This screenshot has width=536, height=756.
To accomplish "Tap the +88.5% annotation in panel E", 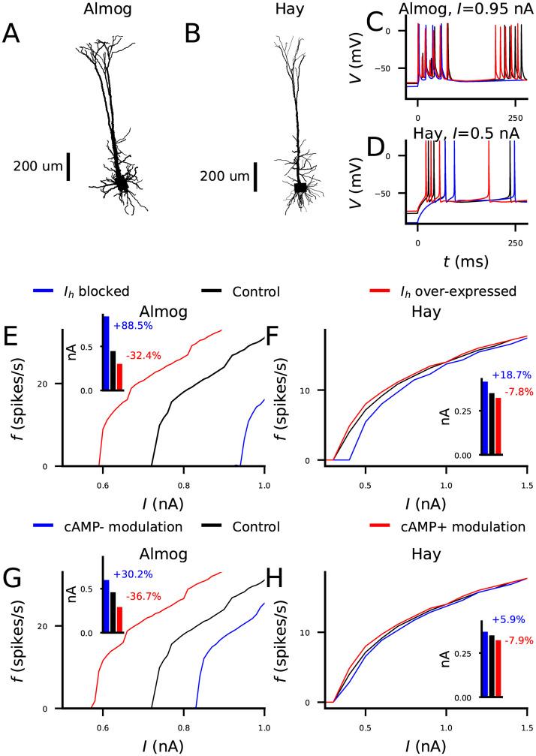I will (134, 326).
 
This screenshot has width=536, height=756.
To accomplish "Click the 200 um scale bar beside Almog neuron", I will (68, 167).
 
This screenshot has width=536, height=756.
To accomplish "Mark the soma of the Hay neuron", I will (301, 188).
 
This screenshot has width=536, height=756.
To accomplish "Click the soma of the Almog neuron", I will (121, 182).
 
